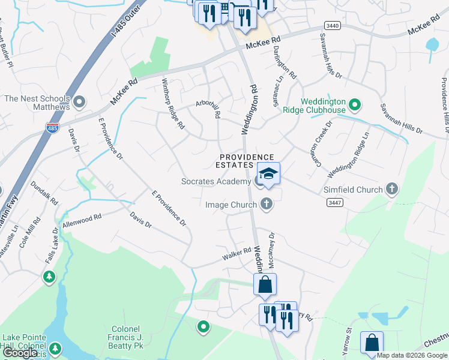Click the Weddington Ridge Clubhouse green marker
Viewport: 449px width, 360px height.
click(355, 106)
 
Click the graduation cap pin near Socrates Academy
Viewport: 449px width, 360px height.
click(269, 174)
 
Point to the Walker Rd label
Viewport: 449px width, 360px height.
click(236, 255)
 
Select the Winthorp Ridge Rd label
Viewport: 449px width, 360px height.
click(172, 103)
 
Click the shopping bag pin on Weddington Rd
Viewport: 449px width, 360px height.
click(265, 284)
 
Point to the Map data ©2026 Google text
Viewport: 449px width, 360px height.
click(412, 355)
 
